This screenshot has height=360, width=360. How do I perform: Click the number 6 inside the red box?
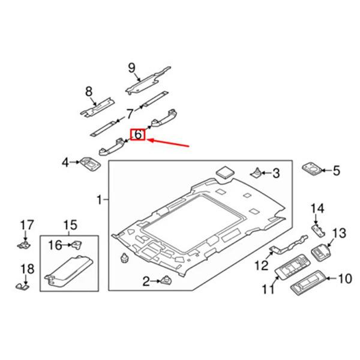pyautogui.click(x=138, y=135)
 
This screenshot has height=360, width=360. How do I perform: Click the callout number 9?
pyautogui.click(x=132, y=67)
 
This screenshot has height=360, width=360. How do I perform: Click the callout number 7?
pyautogui.click(x=129, y=114)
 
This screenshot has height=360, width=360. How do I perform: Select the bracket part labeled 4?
pyautogui.click(x=89, y=163)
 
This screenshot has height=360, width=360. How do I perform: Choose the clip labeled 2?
pyautogui.click(x=166, y=280)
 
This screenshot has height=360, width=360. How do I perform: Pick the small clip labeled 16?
pyautogui.click(x=77, y=244)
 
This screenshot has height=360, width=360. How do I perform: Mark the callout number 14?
pyautogui.click(x=316, y=208)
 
